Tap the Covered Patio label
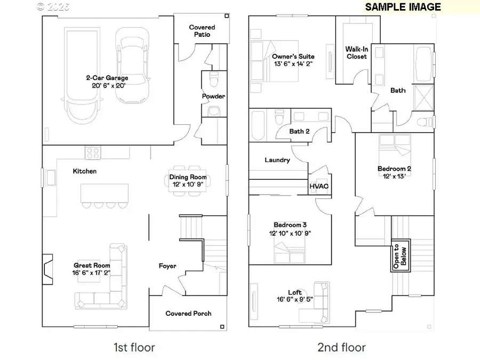(202, 31)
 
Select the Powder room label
(213, 97)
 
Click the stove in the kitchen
(93, 153)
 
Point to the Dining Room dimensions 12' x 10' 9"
(188, 185)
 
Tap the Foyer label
(167, 266)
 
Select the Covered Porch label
(188, 314)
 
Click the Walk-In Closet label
(356, 52)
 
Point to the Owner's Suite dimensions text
(293, 64)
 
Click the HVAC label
(319, 186)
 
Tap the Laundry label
(277, 160)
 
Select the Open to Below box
(400, 254)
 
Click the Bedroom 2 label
(394, 169)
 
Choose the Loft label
(295, 292)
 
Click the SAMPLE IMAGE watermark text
(403, 7)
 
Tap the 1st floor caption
(134, 348)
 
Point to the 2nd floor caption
(341, 348)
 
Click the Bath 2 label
(300, 131)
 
